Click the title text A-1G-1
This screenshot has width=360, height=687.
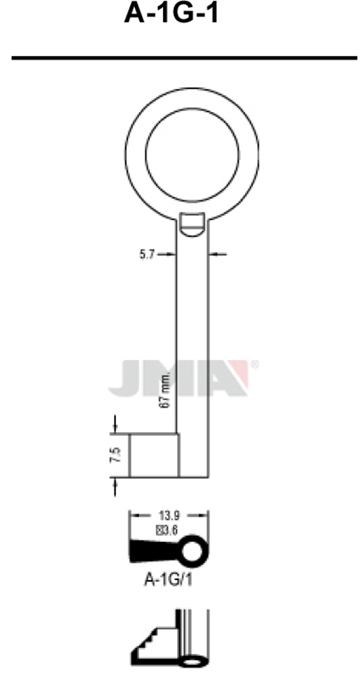171,13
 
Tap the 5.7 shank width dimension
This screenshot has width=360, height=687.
147,254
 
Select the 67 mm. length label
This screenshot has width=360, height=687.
167,389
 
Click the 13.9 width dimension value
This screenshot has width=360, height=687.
169,514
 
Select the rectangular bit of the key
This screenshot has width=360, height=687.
154,455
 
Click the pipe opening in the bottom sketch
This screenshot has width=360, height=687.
193,662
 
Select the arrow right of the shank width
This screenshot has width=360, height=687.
218,255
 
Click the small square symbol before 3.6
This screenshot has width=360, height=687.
160,529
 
